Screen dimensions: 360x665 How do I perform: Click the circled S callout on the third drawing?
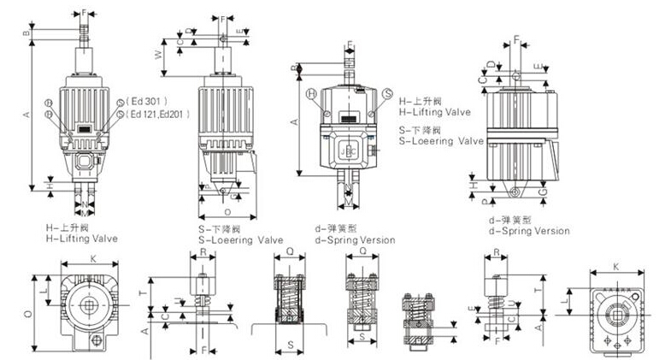387,93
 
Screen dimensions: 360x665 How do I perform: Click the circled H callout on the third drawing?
312,93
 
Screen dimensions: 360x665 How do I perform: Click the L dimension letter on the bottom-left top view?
43,293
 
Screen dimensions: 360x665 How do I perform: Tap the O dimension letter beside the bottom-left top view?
28,314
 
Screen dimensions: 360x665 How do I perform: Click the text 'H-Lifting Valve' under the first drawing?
82,239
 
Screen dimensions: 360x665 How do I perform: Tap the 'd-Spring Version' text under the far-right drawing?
528,231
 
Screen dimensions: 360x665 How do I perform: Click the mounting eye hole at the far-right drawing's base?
516,188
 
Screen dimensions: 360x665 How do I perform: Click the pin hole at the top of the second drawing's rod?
222,38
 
